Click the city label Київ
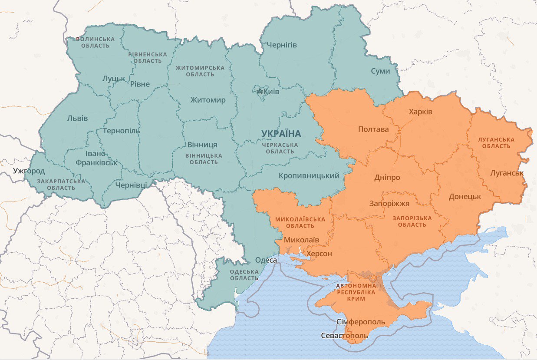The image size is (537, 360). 272,92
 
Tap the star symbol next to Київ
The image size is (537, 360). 260,91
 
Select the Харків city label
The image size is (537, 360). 420,112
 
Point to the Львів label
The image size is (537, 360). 77,118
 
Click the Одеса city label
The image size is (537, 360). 266,260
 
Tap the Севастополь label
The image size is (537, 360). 344,336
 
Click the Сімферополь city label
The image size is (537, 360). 361,322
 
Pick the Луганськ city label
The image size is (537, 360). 507,173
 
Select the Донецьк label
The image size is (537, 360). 465,196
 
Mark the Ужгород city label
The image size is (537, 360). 29,171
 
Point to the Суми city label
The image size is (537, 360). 380,71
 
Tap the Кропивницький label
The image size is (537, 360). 309,175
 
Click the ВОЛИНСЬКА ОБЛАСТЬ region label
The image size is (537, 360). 96,42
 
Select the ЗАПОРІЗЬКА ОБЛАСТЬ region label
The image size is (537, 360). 412,221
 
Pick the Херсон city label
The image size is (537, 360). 319,254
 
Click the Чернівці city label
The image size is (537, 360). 131,185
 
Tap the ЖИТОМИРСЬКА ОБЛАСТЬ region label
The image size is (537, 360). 200,71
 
